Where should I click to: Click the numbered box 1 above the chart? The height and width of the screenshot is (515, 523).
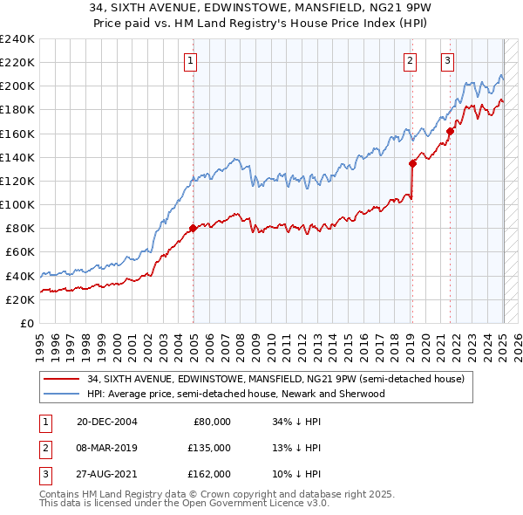[190, 61]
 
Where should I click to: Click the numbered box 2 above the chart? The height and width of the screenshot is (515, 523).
[410, 61]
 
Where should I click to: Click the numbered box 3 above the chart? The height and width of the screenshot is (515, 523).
[447, 61]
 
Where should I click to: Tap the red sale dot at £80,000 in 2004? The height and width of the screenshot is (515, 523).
[193, 229]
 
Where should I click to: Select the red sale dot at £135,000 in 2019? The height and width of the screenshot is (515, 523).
[412, 162]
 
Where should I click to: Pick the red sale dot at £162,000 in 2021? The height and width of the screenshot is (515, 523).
[451, 131]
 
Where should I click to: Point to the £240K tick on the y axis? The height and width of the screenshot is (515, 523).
[17, 39]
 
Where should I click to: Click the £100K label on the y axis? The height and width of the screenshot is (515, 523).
[17, 204]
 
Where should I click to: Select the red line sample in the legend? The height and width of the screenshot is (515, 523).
[62, 379]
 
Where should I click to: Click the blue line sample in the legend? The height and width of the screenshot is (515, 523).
[62, 394]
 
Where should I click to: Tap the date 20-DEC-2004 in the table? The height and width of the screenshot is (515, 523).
[107, 421]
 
